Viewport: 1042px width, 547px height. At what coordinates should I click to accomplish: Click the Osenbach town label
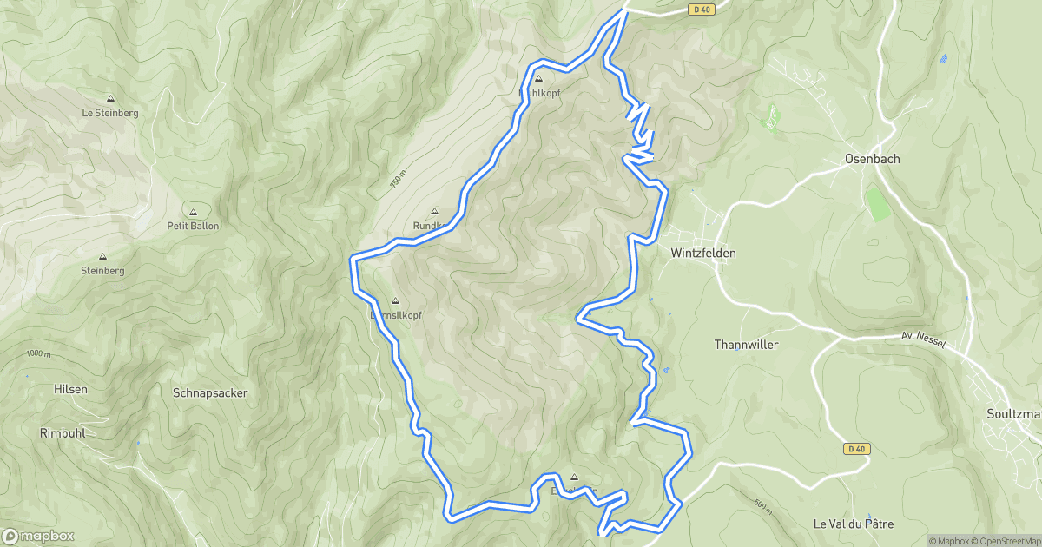(x=873, y=160)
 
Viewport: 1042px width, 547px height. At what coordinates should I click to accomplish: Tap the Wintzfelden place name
(x=703, y=254)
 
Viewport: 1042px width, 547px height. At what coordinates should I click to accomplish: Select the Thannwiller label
(x=746, y=345)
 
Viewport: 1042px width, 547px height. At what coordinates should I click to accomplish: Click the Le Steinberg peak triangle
(x=110, y=98)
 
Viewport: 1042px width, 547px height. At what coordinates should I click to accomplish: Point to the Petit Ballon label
(x=193, y=226)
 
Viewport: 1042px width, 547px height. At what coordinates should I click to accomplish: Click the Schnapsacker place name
(x=210, y=393)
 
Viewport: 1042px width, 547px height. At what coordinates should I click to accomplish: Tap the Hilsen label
(x=70, y=389)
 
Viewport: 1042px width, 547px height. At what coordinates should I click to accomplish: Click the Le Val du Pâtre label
(x=854, y=524)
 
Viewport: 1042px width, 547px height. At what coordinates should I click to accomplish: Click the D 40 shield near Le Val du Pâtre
(x=856, y=449)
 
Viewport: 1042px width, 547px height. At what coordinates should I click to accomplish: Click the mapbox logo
(x=38, y=536)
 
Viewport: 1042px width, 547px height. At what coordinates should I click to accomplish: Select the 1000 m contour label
(x=38, y=353)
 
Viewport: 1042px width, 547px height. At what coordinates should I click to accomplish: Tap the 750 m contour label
(x=397, y=181)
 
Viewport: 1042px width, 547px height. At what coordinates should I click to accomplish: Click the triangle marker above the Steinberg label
(x=102, y=257)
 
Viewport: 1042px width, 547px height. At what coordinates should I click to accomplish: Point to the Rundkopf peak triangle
(x=435, y=211)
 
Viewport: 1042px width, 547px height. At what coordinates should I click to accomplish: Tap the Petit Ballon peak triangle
(x=193, y=212)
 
